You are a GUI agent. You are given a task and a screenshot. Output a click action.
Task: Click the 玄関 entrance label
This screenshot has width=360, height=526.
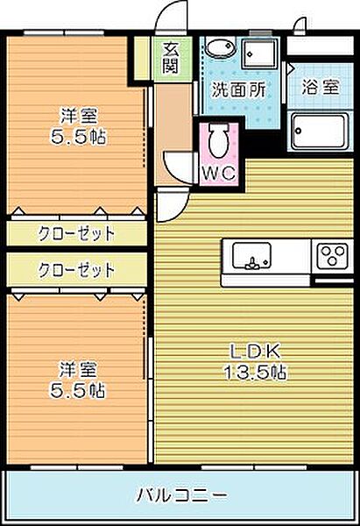tap(170, 57)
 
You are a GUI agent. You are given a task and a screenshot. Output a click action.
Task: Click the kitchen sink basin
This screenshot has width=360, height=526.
tap(252, 258)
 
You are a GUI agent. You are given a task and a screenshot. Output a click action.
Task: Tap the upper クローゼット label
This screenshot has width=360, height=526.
tap(76, 234)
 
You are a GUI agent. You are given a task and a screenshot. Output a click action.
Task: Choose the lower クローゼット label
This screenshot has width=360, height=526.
tap(76, 269)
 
